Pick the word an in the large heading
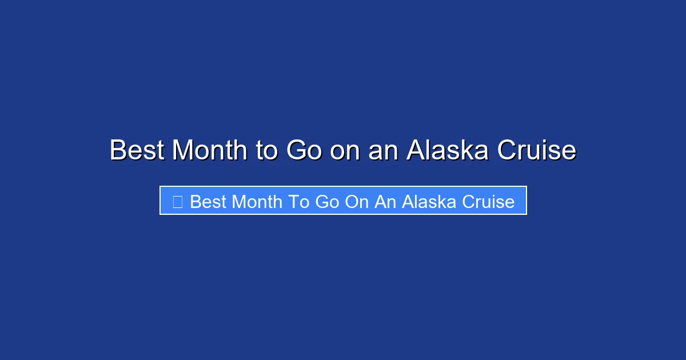click(x=384, y=150)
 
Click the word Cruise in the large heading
click(x=536, y=150)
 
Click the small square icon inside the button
click(x=177, y=201)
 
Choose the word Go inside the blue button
click(x=327, y=201)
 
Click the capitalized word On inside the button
click(x=357, y=201)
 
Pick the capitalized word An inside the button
click(x=386, y=201)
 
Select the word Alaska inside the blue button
click(x=431, y=201)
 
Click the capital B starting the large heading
click(x=117, y=150)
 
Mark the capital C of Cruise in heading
click(x=506, y=150)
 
